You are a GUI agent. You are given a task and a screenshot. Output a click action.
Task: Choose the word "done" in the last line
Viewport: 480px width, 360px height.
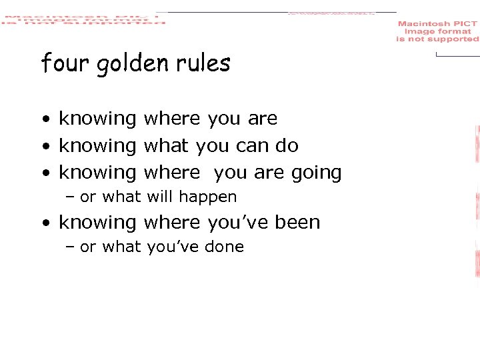click(x=227, y=247)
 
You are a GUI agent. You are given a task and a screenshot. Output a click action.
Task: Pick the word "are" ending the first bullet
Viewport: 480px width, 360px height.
click(x=263, y=119)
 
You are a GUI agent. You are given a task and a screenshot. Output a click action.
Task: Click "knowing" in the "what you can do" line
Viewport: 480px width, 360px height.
click(x=97, y=146)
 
